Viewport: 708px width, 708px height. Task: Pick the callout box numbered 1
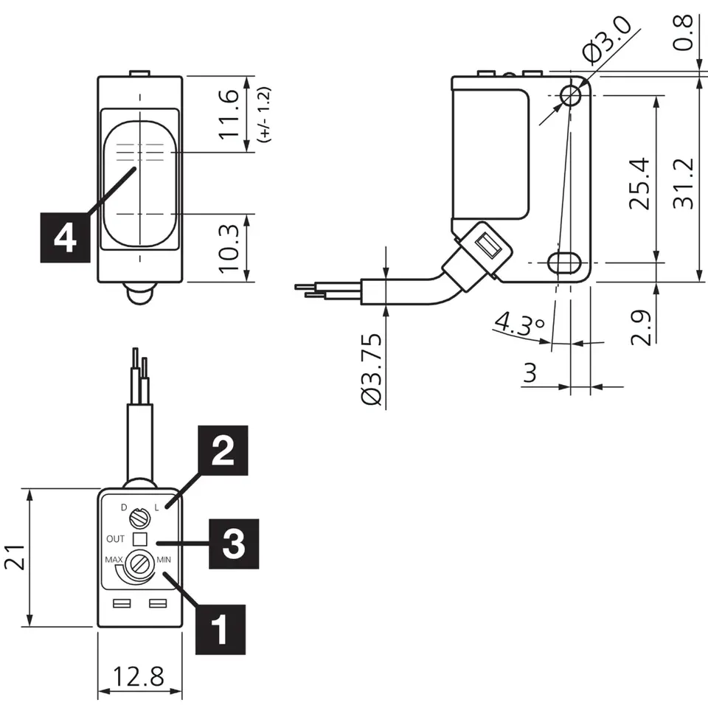(220, 629)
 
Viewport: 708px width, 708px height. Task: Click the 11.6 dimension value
(230, 114)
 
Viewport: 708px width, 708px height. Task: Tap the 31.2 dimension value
(685, 183)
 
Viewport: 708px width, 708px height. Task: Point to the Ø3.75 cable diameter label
(373, 369)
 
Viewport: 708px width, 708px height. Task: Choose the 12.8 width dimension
(138, 676)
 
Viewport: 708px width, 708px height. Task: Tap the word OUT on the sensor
(115, 538)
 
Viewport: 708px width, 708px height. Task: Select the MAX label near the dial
(114, 559)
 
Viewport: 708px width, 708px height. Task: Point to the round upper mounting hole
(569, 94)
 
